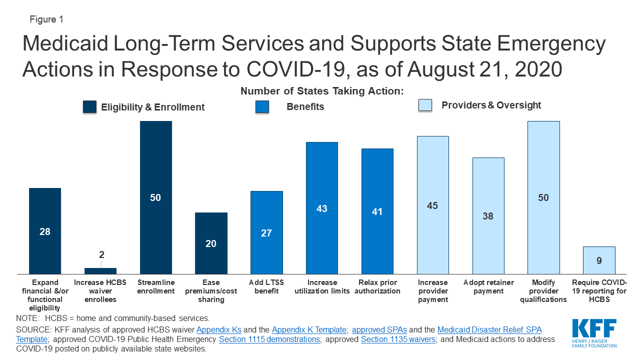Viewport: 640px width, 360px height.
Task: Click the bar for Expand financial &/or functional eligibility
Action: point(45,230)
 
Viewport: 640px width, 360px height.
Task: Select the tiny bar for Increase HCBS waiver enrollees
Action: point(100,271)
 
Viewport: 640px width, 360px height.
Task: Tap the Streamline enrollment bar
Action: point(155,197)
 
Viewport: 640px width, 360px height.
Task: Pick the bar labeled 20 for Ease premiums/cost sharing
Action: point(211,243)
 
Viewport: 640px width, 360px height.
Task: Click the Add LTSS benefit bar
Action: point(266,232)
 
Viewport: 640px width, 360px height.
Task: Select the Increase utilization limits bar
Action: point(322,207)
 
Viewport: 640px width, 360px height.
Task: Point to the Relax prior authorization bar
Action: point(377,211)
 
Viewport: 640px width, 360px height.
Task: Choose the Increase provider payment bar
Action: point(433,204)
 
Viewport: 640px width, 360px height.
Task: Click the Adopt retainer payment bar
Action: point(488,215)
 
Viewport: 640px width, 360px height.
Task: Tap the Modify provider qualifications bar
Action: point(543,197)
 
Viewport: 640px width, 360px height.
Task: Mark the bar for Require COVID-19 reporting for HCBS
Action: point(599,260)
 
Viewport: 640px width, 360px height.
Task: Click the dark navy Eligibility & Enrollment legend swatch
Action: point(89,107)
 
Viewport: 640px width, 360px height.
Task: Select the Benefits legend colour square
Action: point(262,106)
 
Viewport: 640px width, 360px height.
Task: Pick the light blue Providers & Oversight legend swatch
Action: point(425,105)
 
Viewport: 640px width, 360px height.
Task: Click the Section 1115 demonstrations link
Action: point(270,339)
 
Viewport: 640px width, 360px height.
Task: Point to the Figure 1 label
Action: point(45,19)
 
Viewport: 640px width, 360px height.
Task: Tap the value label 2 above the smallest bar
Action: point(101,254)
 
